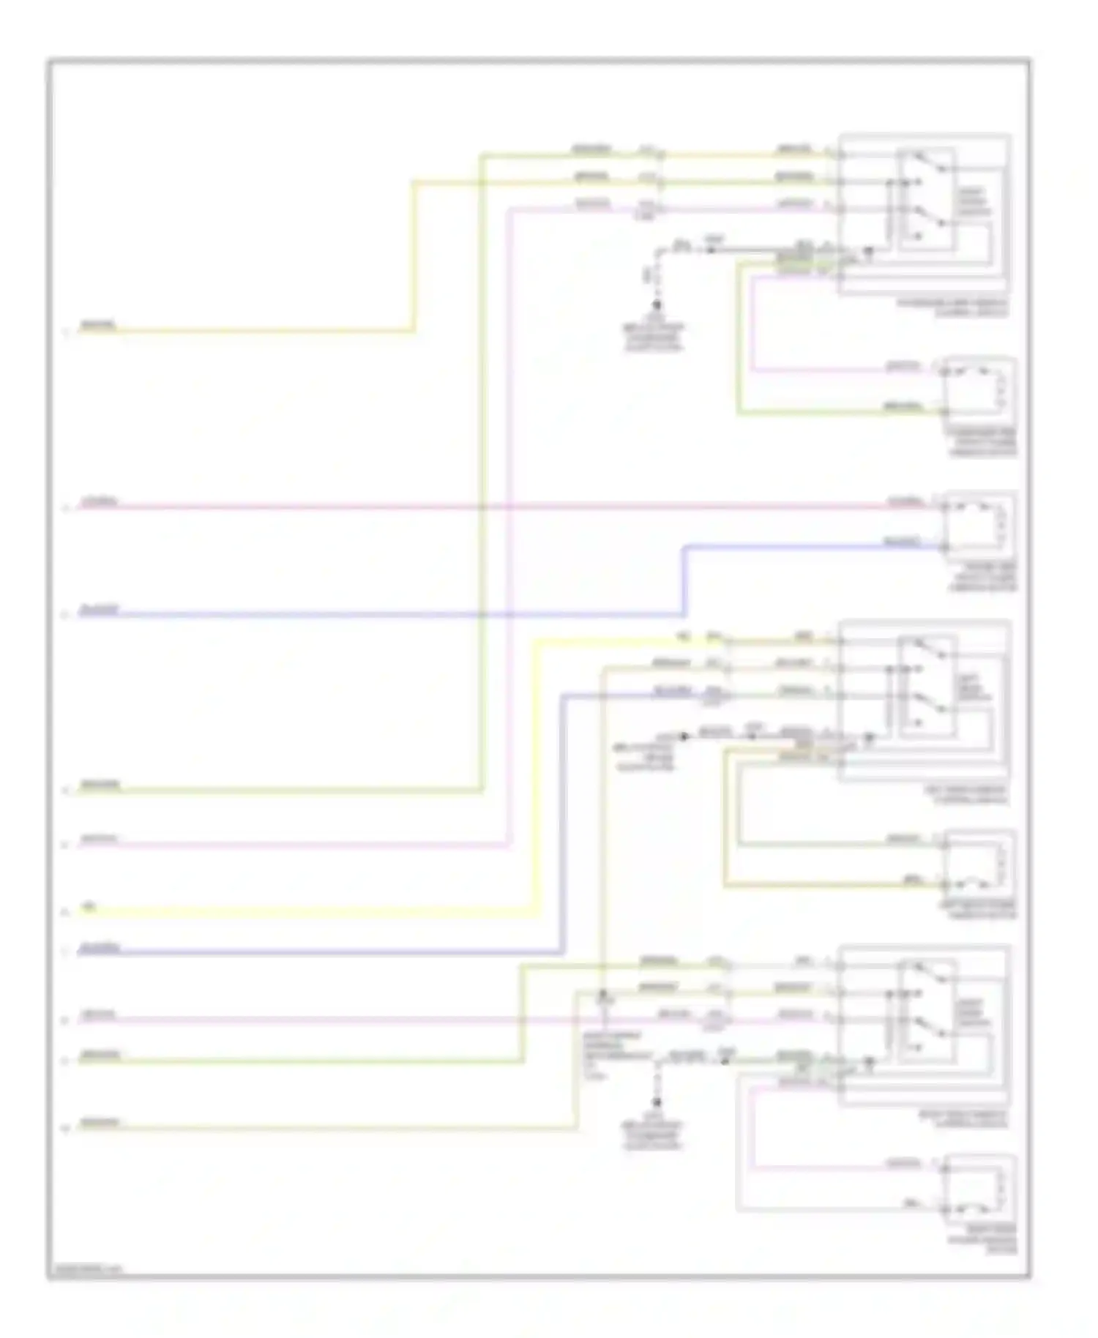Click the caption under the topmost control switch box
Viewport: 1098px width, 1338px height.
(952, 308)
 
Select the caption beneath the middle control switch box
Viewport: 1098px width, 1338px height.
(964, 796)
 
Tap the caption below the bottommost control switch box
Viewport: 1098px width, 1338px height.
(964, 1121)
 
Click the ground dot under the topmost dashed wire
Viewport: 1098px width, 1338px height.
(657, 305)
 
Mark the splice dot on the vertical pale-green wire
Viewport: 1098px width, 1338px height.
(602, 996)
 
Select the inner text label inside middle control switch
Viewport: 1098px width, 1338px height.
(972, 688)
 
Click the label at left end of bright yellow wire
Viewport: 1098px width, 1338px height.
(89, 908)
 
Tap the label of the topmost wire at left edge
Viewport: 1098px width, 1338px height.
(97, 325)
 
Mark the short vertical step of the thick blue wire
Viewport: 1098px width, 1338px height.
(684, 580)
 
